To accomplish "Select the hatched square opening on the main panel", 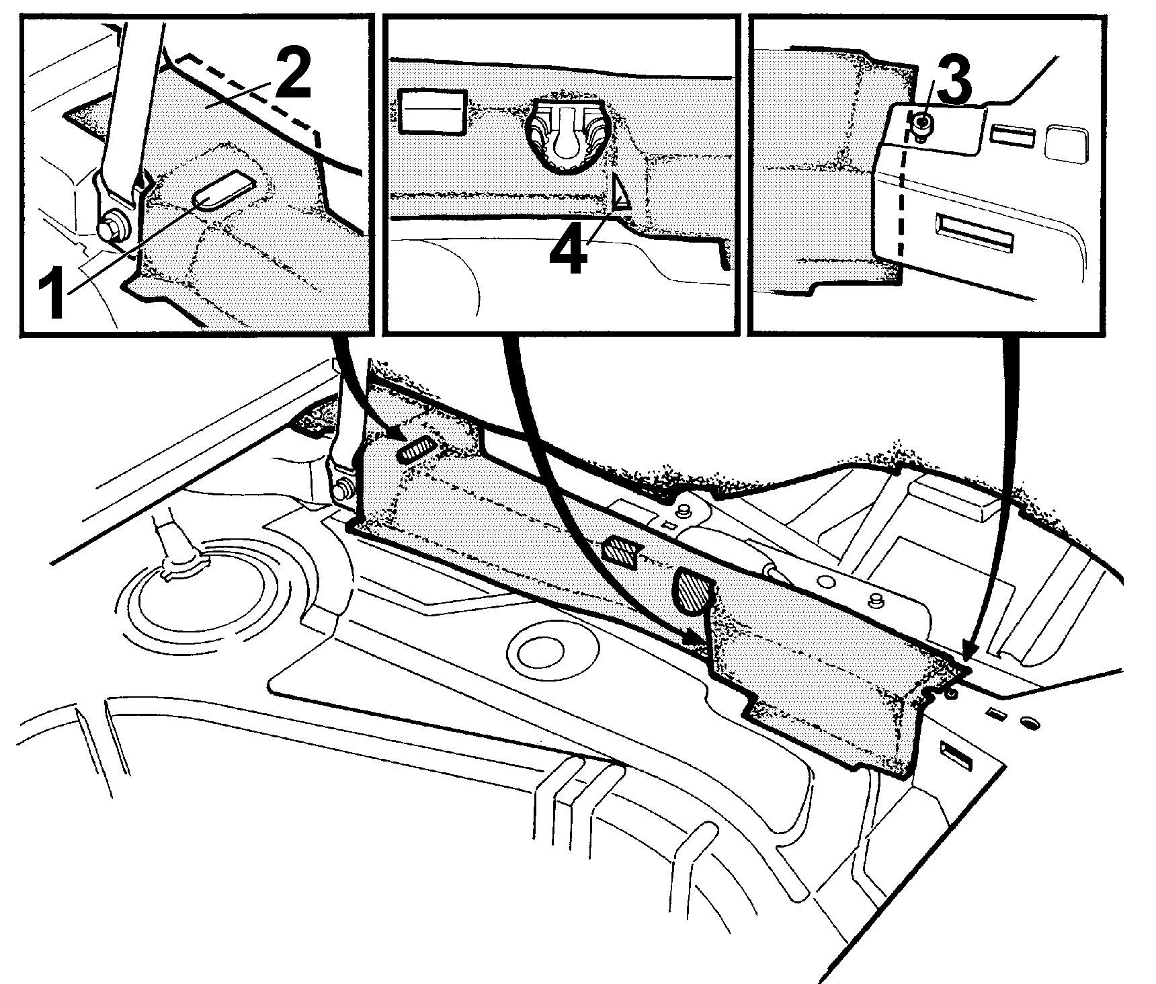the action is [x=620, y=550].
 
